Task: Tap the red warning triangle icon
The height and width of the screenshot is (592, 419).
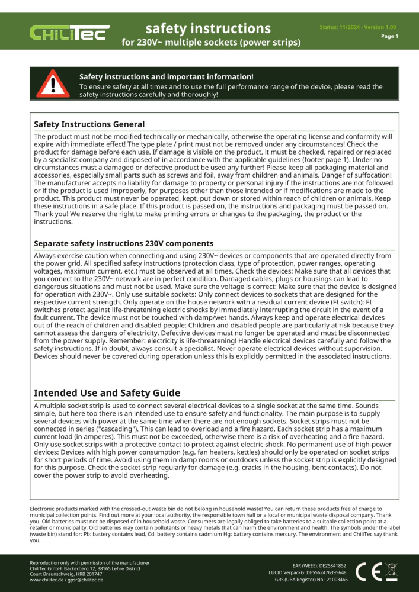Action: click(x=52, y=83)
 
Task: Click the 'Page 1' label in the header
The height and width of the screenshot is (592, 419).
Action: click(x=389, y=36)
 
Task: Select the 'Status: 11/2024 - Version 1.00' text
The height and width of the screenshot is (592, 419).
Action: click(x=358, y=27)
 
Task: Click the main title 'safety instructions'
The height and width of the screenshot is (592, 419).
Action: click(x=208, y=28)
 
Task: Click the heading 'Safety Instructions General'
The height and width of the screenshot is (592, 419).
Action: click(x=89, y=124)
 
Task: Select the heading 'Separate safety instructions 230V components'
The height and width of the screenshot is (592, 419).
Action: click(x=123, y=243)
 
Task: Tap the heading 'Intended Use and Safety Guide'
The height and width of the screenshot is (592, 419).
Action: click(x=107, y=393)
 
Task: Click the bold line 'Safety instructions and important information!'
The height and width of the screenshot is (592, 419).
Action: click(x=167, y=77)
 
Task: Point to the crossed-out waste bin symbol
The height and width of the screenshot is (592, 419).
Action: click(x=392, y=571)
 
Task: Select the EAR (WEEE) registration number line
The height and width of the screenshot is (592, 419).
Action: click(x=319, y=565)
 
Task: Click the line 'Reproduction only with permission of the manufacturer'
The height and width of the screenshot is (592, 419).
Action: click(x=89, y=562)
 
